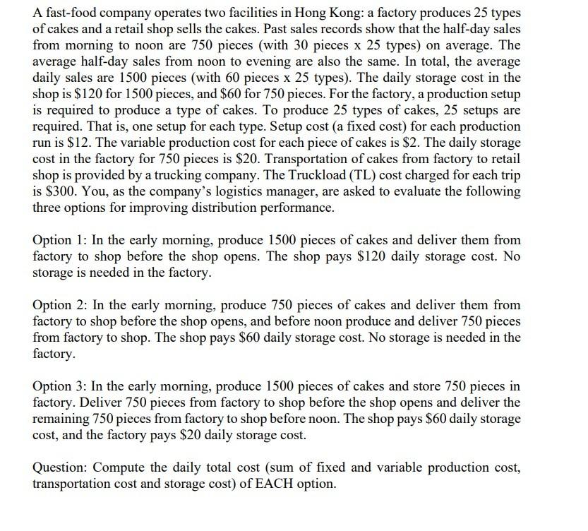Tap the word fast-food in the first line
point(71,13)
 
